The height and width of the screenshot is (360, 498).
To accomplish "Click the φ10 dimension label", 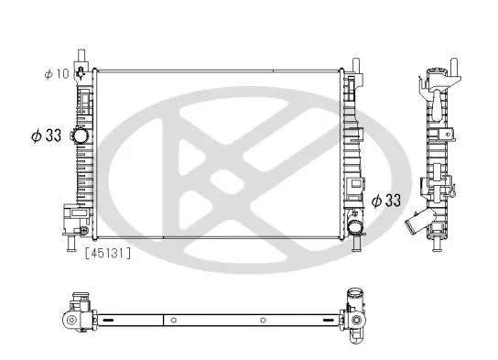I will pos(57,72).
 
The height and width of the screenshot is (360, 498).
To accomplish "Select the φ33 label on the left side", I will pos(46,135).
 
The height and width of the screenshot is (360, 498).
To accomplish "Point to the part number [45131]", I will pos(107,254).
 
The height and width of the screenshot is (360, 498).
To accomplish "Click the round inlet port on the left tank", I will pos(81,136).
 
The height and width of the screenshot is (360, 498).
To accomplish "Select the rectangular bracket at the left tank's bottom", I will pos(71,217).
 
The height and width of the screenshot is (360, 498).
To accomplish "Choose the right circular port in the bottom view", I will pos(352,321).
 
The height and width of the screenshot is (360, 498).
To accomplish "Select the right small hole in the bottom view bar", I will pos(263,321).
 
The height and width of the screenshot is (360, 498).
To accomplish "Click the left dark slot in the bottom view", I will pos(108,321).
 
